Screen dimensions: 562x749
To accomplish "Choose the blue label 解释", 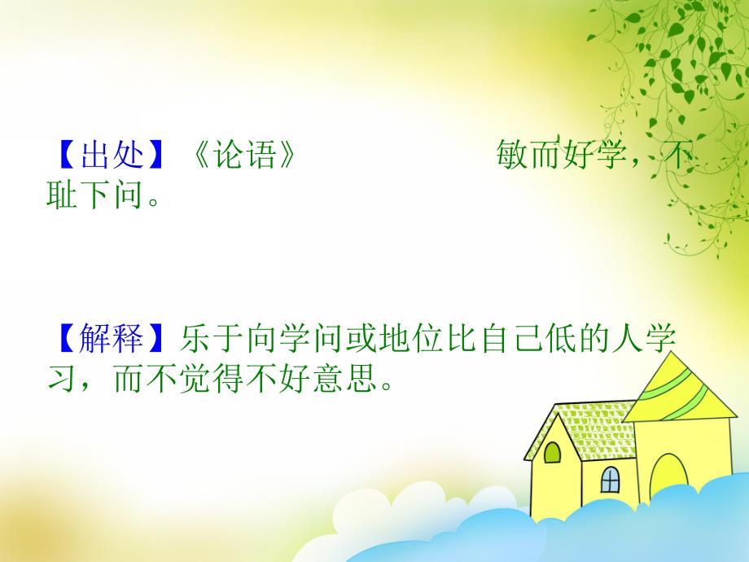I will click(x=112, y=338).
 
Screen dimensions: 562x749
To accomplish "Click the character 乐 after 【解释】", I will click(x=197, y=338).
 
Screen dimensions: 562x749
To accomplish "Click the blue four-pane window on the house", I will click(x=610, y=480).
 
